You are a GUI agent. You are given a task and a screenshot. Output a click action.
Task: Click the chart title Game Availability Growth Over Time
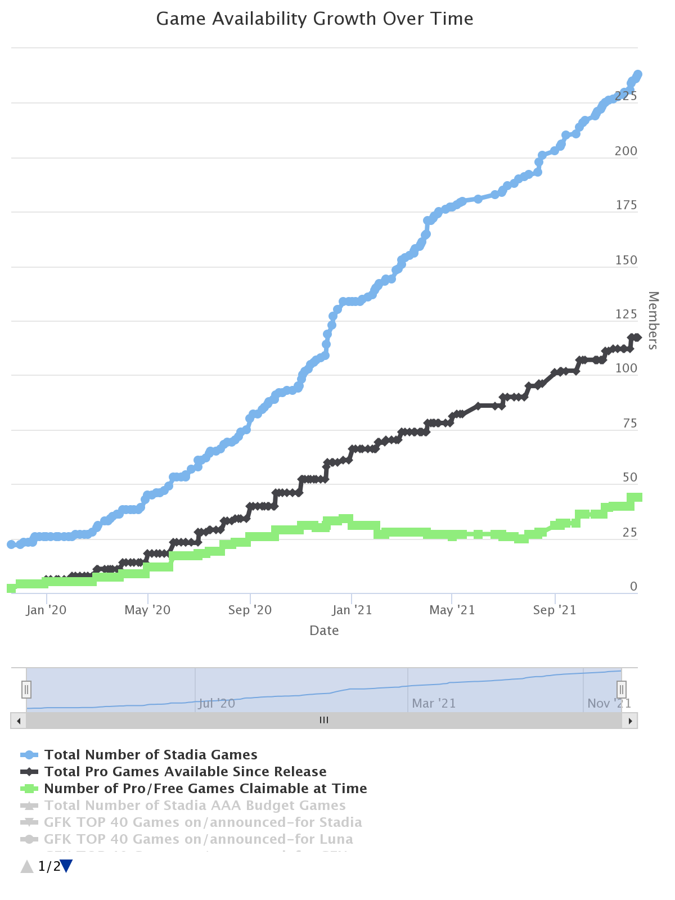[x=314, y=19]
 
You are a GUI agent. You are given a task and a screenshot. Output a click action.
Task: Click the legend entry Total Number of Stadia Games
[x=151, y=755]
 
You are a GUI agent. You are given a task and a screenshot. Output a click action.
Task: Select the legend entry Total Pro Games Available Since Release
[x=185, y=772]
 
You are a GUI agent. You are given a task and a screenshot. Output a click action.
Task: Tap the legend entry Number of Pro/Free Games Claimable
[x=205, y=789]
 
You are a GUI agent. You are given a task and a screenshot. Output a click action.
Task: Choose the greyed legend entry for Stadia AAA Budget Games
[x=195, y=805]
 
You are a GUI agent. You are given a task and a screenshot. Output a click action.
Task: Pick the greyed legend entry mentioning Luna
[x=198, y=839]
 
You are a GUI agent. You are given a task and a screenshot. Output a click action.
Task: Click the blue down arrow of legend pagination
[x=66, y=867]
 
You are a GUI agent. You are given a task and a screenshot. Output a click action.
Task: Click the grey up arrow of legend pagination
[x=27, y=867]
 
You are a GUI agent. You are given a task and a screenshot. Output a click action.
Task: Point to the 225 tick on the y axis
[x=626, y=96]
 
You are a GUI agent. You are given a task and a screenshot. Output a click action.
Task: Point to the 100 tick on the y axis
[x=626, y=368]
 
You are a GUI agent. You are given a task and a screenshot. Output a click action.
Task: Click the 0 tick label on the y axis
[x=633, y=587]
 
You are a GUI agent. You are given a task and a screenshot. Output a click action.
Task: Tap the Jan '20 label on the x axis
[x=46, y=610]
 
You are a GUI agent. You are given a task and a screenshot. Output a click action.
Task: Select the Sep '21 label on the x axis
[x=555, y=610]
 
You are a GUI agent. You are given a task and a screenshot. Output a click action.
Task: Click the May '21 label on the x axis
[x=452, y=610]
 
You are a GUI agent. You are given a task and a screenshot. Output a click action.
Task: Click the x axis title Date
[x=324, y=631]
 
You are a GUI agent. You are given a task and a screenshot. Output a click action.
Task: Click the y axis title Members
[x=652, y=320]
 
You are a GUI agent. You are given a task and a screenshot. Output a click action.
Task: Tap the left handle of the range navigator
[x=26, y=689]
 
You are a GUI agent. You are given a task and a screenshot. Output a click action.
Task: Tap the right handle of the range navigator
[x=622, y=689]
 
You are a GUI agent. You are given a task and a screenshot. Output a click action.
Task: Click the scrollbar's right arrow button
[x=630, y=721]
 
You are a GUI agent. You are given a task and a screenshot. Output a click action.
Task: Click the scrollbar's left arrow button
[x=19, y=721]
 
